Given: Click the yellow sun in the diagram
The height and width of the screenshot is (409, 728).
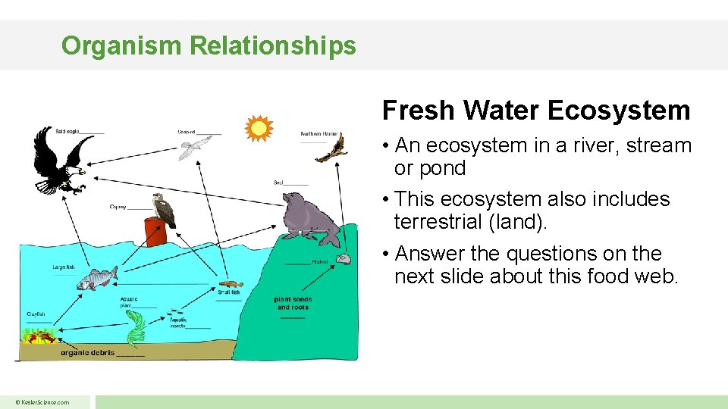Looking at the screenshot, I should tap(259, 129).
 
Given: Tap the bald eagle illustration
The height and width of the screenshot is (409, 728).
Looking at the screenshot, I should tap(58, 162).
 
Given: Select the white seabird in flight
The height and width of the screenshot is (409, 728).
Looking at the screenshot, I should tap(195, 147).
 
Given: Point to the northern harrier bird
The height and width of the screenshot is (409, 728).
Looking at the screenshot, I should tap(332, 149).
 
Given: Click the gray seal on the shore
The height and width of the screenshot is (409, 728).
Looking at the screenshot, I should tap(309, 219).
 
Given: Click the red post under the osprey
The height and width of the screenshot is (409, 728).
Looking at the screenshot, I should tap(155, 233).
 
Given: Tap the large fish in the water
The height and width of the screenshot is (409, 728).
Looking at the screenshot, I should tap(97, 279).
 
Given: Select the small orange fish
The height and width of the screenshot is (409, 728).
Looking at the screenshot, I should tap(230, 285).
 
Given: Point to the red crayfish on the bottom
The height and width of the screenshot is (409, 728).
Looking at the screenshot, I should tap(42, 336).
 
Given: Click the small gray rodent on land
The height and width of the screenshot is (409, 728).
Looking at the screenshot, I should tap(344, 259).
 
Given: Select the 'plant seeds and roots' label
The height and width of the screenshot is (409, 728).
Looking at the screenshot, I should tap(293, 303).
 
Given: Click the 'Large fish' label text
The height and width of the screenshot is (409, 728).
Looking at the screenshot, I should tap(64, 267).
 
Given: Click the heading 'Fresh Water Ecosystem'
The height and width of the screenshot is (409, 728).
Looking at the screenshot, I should tap(536, 111).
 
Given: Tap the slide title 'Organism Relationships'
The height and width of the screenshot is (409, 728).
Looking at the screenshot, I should tap(209, 45).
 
